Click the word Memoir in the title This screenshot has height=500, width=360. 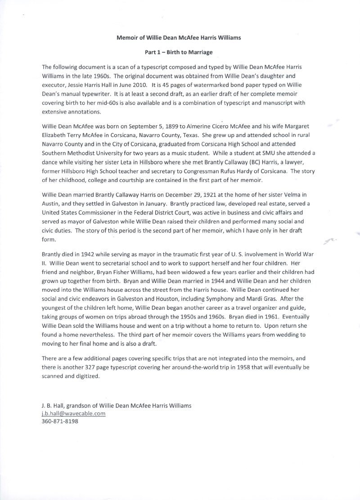(127, 38)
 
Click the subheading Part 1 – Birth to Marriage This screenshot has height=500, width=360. (179, 52)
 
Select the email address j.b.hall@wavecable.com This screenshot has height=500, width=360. (73, 413)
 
